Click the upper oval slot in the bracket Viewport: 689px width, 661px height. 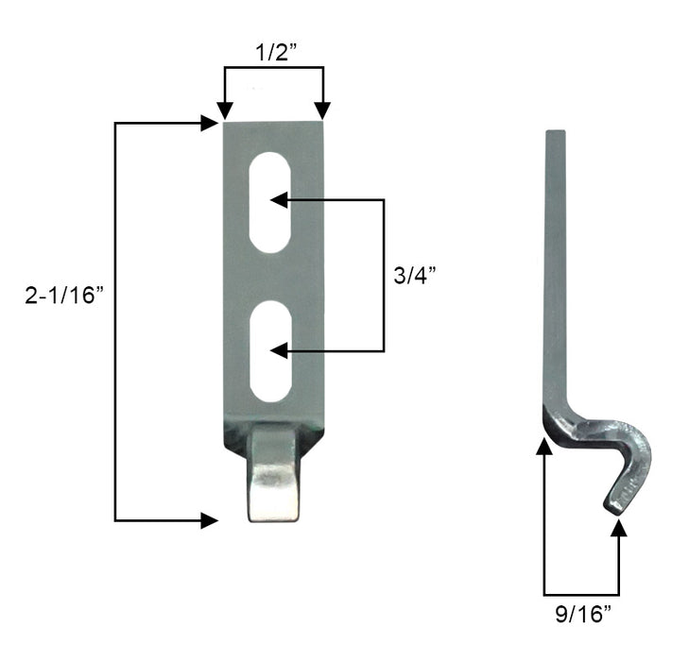point(270,201)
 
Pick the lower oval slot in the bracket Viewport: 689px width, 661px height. point(270,350)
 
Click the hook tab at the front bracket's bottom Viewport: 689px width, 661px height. point(275,472)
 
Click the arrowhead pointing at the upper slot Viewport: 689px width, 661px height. point(278,200)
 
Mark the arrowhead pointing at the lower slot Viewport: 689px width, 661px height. point(278,351)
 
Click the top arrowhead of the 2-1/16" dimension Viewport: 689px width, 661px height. point(210,123)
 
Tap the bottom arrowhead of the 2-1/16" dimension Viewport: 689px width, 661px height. point(210,520)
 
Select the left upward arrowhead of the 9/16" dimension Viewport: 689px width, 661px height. point(544,447)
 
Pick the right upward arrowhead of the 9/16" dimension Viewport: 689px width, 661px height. point(619,527)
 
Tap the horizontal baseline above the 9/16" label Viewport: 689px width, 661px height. point(581,593)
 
